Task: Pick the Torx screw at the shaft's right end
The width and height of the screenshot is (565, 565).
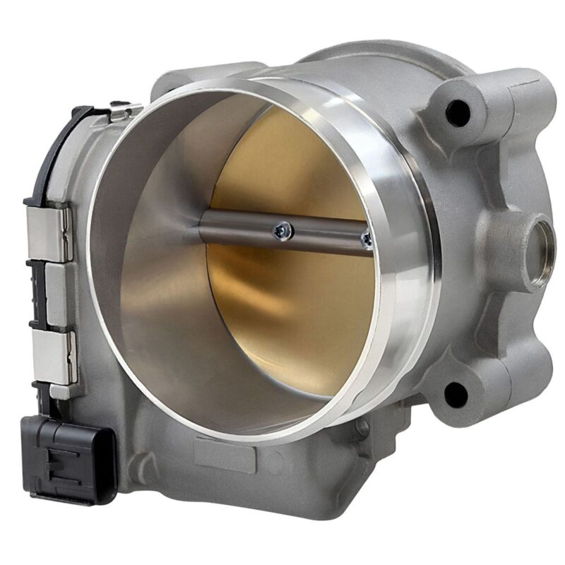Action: pos(365,239)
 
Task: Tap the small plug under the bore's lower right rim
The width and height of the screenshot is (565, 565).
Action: pos(362,427)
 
